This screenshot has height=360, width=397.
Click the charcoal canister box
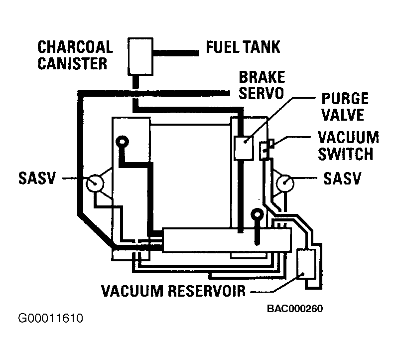coord(141,55)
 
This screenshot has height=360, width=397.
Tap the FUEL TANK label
coord(243,47)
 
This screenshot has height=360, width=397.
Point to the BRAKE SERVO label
coord(262,85)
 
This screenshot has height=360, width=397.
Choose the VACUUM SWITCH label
coord(348,145)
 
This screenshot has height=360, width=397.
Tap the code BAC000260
coord(295,309)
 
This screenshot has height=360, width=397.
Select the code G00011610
coord(50,318)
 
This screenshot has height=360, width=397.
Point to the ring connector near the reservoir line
coord(257,215)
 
